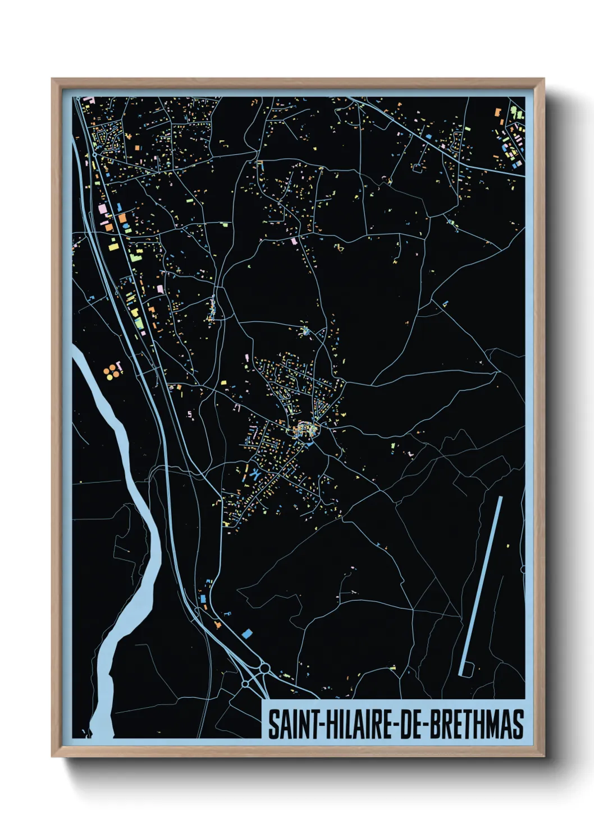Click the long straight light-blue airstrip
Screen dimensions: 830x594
pos(482,583)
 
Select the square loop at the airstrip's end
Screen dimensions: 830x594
pos(467,669)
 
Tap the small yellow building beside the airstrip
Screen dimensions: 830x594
pos(508,545)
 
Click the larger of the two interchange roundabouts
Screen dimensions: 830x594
pos(264,668)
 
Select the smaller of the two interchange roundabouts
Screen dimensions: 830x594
pos(245,684)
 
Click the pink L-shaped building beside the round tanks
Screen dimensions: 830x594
pos(118,365)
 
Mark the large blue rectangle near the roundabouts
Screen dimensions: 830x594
pos(247,634)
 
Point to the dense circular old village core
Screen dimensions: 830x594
pos(306,431)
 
